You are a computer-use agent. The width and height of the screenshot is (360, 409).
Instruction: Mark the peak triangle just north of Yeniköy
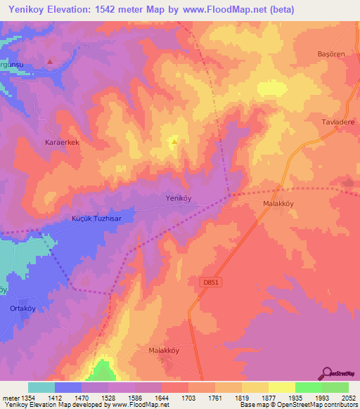(x=174, y=143)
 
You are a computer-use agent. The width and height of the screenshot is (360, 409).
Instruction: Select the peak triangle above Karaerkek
(x=50, y=61)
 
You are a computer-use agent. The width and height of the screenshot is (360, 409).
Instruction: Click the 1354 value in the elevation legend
(x=28, y=398)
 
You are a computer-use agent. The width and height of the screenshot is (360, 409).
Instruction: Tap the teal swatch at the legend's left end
(x=41, y=387)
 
